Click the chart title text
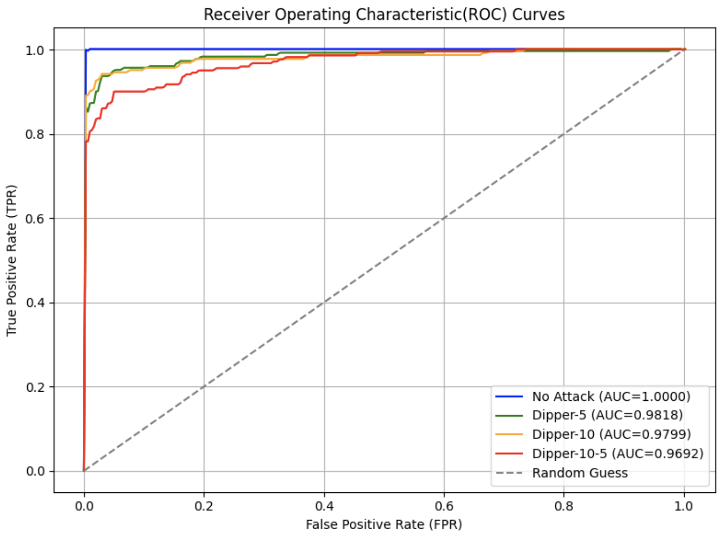(x=384, y=14)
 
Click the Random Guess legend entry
(x=580, y=473)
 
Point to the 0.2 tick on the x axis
(x=204, y=506)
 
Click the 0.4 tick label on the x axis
(x=324, y=506)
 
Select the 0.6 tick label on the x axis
(x=444, y=506)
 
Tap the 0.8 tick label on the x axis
(x=564, y=506)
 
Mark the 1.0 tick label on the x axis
(x=684, y=506)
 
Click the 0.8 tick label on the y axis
(x=36, y=134)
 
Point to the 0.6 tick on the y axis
(x=36, y=218)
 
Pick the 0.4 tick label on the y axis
(x=36, y=303)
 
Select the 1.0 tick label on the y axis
(x=36, y=50)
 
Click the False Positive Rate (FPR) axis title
(x=384, y=525)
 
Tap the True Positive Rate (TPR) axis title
(x=12, y=260)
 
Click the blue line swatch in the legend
(x=509, y=396)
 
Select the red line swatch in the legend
(x=509, y=454)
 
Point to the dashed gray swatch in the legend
(x=509, y=473)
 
